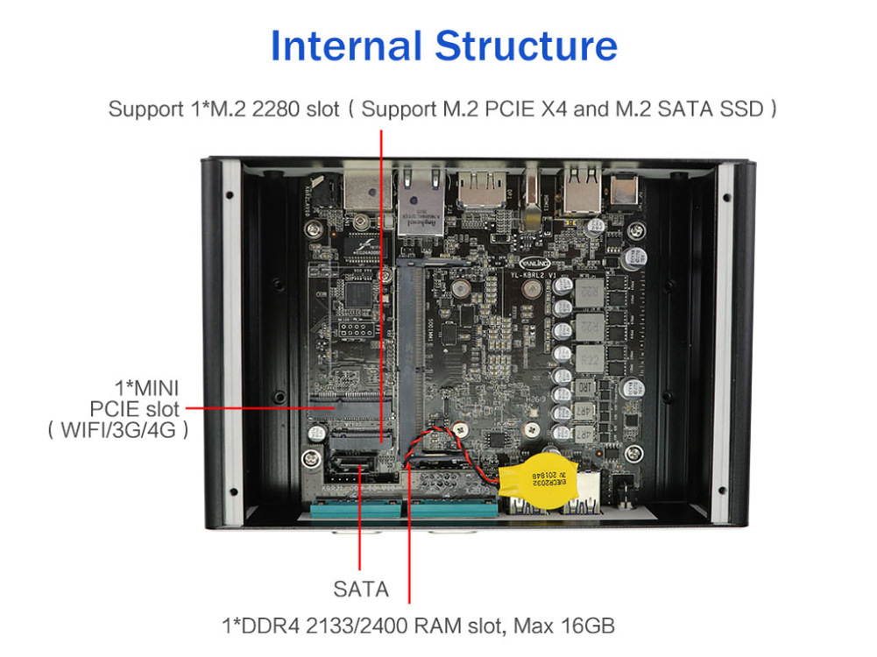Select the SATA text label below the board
point(360,589)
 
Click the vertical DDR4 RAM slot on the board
point(409,350)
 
